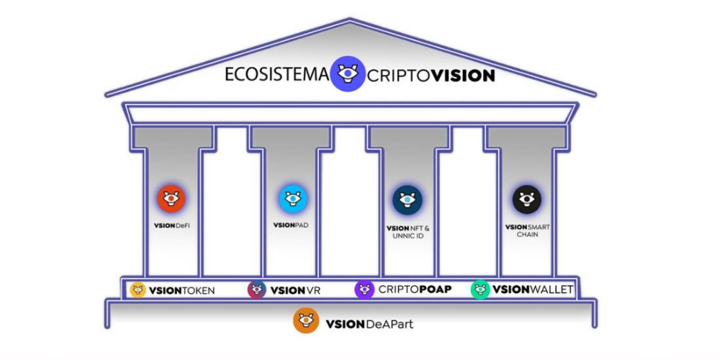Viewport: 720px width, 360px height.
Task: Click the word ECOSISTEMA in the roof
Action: (x=276, y=75)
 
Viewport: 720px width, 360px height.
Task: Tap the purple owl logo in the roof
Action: (x=348, y=73)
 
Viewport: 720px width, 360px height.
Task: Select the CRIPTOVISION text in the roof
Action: (x=431, y=75)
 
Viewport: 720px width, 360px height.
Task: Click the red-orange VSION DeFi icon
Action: (x=171, y=199)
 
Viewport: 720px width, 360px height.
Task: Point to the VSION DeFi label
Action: (x=171, y=226)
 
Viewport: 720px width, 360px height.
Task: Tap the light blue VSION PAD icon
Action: (x=293, y=199)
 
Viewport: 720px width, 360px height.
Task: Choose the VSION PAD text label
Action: (x=292, y=225)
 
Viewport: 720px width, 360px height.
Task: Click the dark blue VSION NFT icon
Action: (x=408, y=200)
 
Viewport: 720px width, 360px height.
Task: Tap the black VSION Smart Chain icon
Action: (x=527, y=199)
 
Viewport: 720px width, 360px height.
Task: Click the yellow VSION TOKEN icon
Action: (x=138, y=290)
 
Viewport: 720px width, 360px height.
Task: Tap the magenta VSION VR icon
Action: (x=257, y=290)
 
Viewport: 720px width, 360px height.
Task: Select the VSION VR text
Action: (x=295, y=291)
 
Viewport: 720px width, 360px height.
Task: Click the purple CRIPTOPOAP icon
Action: (x=364, y=290)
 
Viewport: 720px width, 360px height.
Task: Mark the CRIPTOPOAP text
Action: (x=415, y=291)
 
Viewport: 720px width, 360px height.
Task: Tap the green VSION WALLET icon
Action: (x=480, y=290)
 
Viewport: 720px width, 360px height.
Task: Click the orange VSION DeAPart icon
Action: (x=306, y=320)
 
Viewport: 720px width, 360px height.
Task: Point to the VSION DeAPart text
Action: (x=369, y=323)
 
